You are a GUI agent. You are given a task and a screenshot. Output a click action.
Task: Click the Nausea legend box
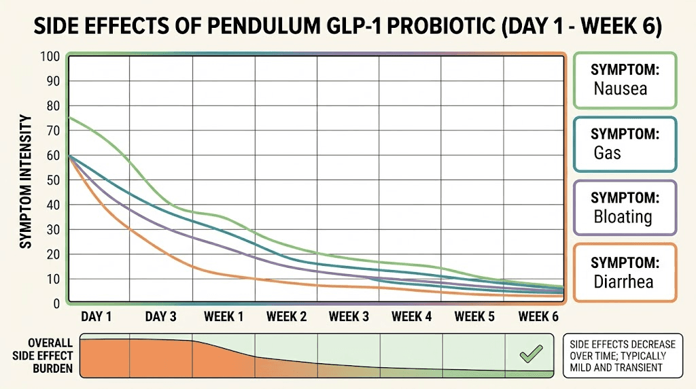(x=625, y=80)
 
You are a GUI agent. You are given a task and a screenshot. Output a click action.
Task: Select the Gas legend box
(x=625, y=143)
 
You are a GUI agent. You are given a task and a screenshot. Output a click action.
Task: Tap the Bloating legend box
(x=625, y=207)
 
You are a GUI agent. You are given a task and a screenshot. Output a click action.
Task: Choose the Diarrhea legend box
(x=625, y=272)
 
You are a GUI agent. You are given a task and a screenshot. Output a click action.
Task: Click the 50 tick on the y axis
(x=54, y=180)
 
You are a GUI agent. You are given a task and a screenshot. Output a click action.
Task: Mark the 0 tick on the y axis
(x=57, y=304)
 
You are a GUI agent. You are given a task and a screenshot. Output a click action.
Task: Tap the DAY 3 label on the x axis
(x=162, y=317)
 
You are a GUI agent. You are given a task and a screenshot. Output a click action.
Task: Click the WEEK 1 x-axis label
(x=224, y=317)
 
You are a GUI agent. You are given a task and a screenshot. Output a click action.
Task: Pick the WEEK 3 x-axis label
(x=349, y=317)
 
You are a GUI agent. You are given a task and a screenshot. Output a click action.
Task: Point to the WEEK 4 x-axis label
(x=411, y=317)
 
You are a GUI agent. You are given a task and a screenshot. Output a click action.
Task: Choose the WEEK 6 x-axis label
(x=538, y=317)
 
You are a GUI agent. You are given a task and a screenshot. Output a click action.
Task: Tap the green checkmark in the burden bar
(x=530, y=353)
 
